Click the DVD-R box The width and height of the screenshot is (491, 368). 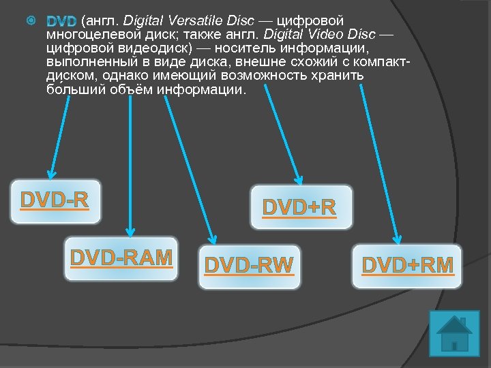55,202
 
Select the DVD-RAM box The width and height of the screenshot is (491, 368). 121,258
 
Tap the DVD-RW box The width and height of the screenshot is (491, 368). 249,266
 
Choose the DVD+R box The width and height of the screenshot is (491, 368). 300,207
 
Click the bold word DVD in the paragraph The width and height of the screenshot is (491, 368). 61,22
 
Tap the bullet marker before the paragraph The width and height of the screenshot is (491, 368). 30,22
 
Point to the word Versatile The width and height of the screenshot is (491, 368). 198,21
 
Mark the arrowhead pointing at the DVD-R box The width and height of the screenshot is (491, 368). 50,173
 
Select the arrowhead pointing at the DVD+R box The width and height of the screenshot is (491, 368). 298,179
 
